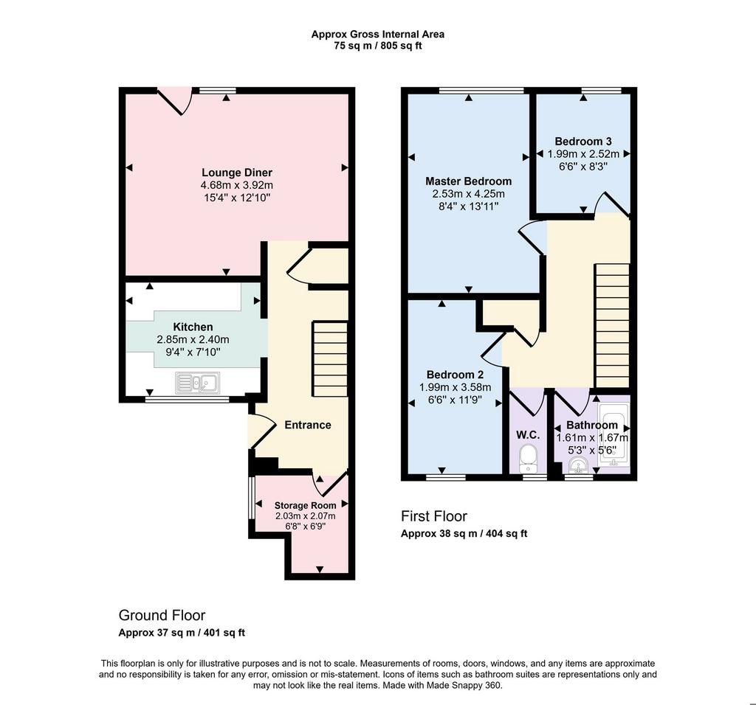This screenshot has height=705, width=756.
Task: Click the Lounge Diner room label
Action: [x=237, y=173]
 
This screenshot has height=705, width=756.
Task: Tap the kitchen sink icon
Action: [x=198, y=383]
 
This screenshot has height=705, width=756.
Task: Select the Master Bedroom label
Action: [x=468, y=181]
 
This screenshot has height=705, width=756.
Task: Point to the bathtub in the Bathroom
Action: [x=614, y=434]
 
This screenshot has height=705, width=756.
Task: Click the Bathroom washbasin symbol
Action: [x=577, y=465]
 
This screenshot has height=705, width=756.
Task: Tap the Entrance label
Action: [x=308, y=425]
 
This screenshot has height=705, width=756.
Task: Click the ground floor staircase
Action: [x=330, y=358]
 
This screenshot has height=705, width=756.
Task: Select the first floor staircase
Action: [x=612, y=325]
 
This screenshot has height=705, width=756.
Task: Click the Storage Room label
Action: [x=305, y=505]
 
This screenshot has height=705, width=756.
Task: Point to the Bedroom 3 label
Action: [x=583, y=141]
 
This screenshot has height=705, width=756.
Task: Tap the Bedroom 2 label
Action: [x=455, y=375]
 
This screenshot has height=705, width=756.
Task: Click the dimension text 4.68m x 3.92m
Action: [x=237, y=185]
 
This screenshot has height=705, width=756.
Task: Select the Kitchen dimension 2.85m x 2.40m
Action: [x=193, y=339]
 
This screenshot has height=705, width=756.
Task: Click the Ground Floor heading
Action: [x=162, y=615]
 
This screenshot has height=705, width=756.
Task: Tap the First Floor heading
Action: [x=434, y=516]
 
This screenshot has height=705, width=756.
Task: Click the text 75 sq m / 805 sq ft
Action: [x=377, y=46]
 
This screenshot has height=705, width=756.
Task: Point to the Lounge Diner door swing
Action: [x=175, y=102]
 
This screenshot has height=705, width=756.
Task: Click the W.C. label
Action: [x=528, y=435]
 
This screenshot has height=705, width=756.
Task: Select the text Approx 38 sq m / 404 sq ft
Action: [x=464, y=534]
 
